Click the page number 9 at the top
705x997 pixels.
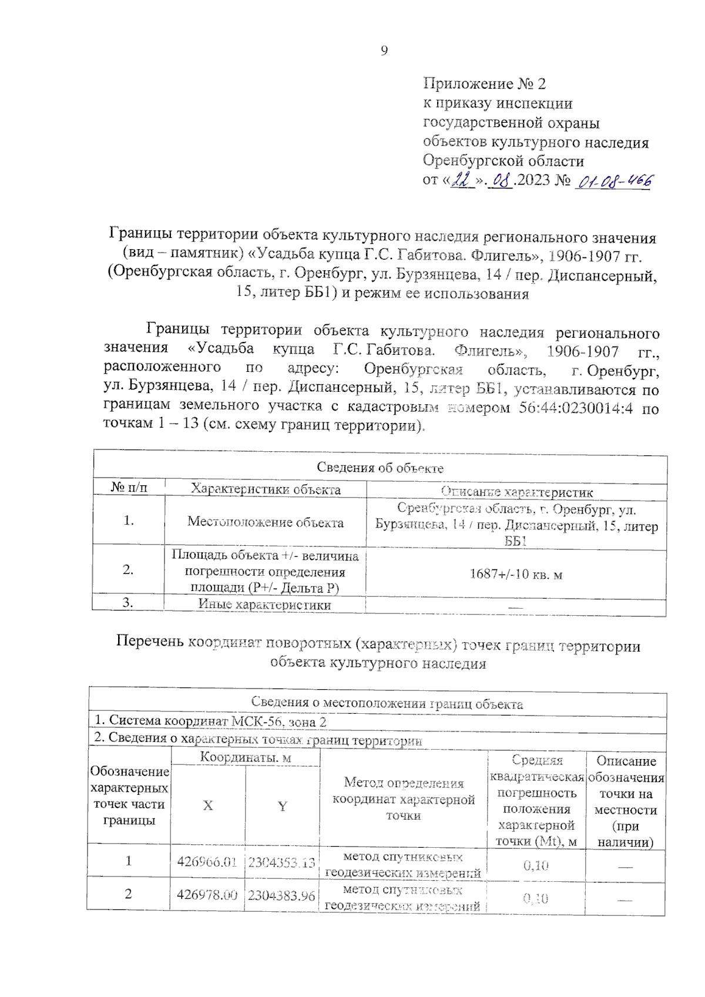pos(384,51)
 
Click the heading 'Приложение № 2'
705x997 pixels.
pos(484,84)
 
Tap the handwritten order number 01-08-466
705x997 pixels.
pos(614,182)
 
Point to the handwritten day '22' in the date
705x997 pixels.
pos(463,181)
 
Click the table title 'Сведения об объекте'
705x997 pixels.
pos(380,468)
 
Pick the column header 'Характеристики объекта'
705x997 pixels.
pos(266,489)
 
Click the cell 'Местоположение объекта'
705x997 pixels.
pos(266,522)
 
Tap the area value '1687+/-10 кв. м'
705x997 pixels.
pos(516,574)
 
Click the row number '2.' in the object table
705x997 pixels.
pos(128,569)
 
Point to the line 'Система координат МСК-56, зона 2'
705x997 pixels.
pos(210,721)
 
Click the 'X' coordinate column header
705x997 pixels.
pos(208,805)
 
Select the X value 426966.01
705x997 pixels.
pos(207,862)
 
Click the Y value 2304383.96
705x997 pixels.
pos(281,895)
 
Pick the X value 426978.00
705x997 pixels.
pos(207,895)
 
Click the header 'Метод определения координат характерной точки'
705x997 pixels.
pos(404,799)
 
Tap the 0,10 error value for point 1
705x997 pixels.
pos(535,865)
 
